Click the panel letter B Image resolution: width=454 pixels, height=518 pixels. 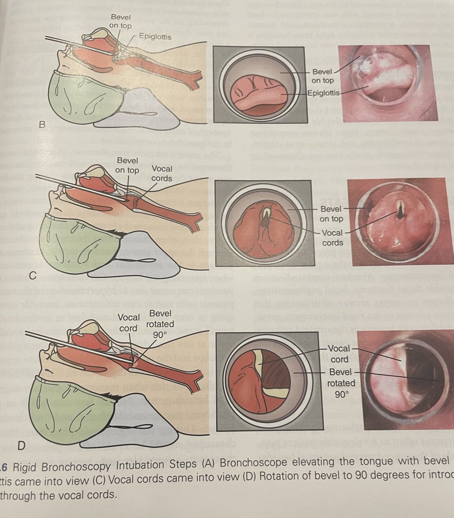coord(42,125)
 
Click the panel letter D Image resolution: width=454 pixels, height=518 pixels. coord(42,444)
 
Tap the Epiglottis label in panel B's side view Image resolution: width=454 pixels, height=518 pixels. coord(155,37)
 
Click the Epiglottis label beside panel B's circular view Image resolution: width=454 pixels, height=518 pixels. coord(324,93)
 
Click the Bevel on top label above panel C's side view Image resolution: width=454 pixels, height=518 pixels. coord(127,166)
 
